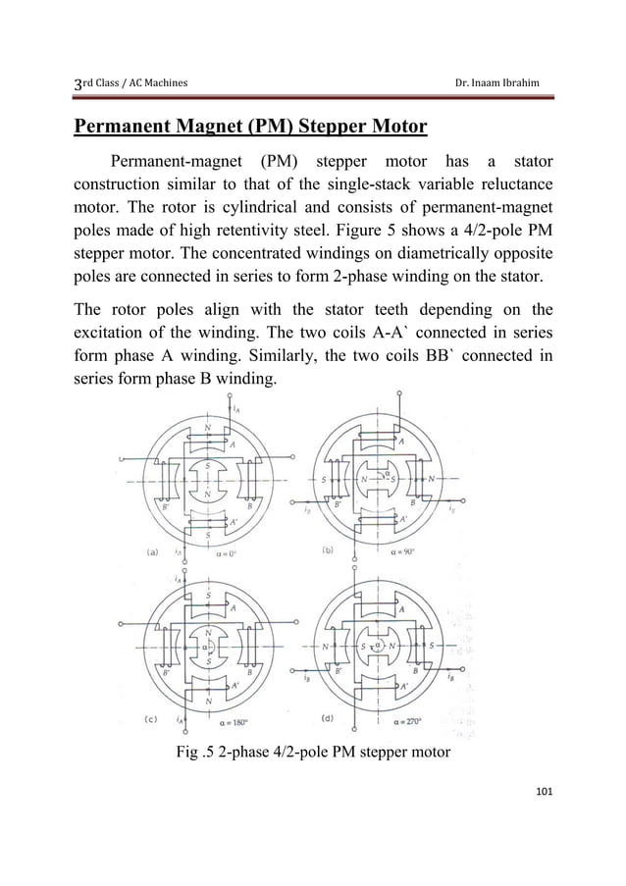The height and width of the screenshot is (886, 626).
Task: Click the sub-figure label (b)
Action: (x=329, y=551)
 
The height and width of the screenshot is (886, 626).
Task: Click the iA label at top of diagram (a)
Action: (x=233, y=409)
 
